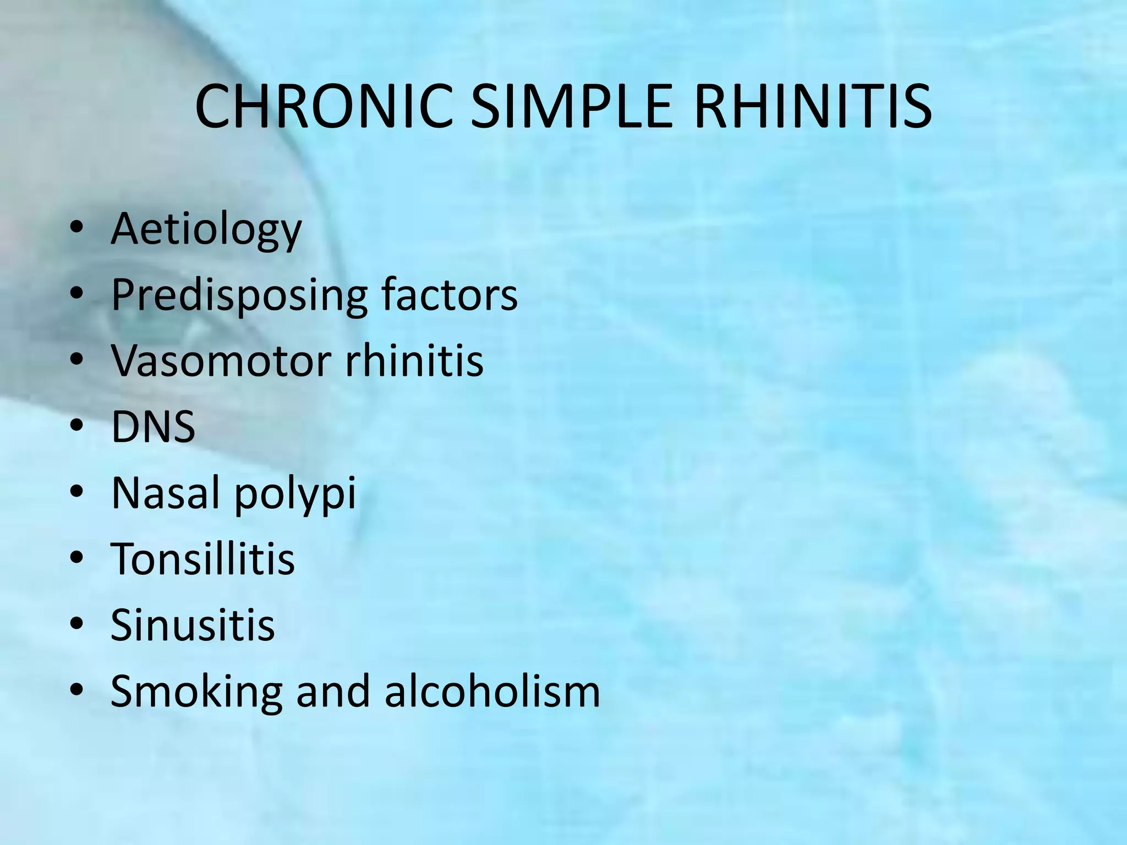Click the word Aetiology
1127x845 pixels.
coord(206,230)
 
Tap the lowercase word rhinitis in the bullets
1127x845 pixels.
coord(414,361)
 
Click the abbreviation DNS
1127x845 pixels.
coord(153,427)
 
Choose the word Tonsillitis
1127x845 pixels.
coord(203,559)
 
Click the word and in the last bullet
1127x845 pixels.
coord(333,691)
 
